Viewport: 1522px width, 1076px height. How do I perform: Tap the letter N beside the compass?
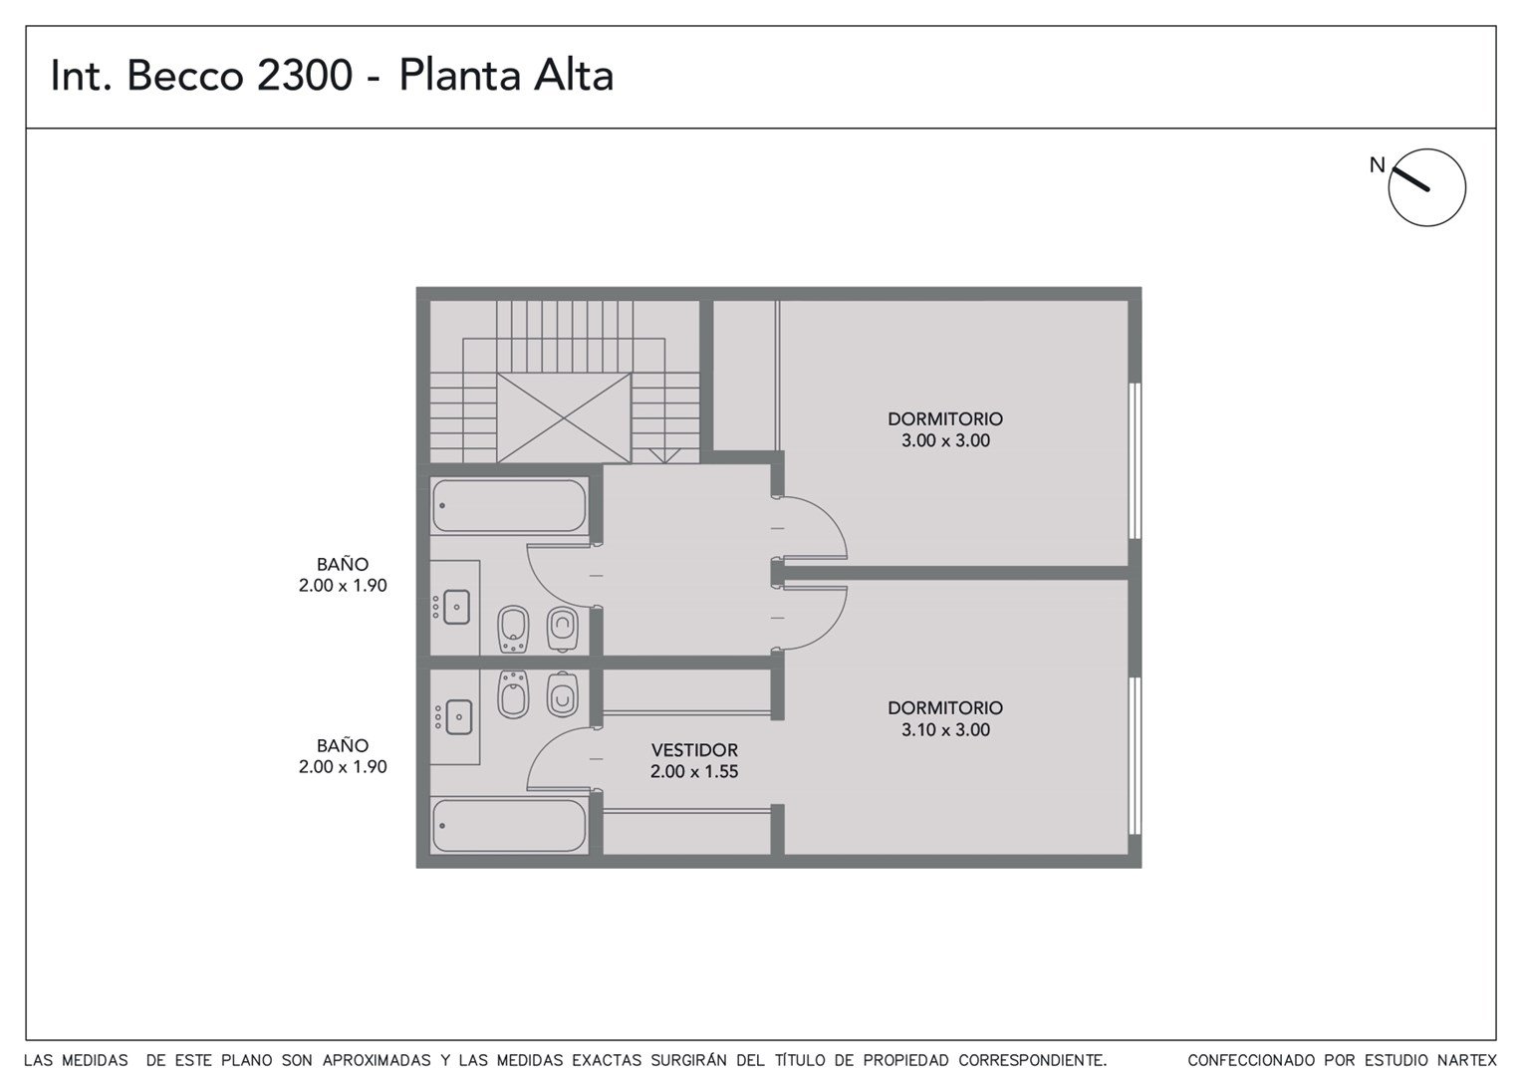1377,165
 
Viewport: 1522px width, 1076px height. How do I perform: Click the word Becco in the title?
185,75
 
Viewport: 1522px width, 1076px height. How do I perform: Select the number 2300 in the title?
305,75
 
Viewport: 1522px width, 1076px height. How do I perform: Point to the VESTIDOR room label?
694,750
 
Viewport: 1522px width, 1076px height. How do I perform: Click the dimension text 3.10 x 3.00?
945,730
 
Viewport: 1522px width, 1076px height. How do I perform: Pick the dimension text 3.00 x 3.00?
945,440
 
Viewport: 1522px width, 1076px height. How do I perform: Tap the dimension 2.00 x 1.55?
694,771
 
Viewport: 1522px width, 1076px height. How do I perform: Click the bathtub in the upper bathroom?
510,506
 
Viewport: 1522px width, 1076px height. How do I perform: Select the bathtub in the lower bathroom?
510,826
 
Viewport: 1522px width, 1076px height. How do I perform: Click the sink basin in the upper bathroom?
456,607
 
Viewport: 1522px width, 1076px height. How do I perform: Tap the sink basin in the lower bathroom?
458,717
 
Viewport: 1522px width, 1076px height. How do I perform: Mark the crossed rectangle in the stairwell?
563,417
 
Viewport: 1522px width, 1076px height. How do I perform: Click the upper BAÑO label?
343,564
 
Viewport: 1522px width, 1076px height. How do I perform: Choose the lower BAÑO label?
343,745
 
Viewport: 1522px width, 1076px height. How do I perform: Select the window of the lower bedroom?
1135,755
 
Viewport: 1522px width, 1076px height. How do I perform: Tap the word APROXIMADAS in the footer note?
377,1060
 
